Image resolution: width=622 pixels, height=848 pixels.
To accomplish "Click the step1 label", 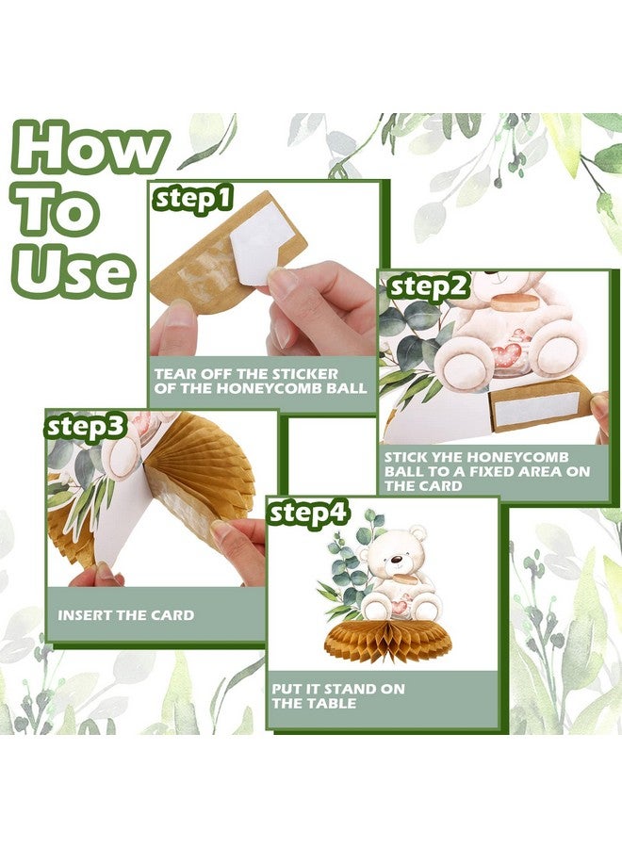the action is tap(192, 198).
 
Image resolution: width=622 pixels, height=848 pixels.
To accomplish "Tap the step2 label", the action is tap(428, 286).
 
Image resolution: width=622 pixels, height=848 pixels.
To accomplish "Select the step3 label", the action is tap(86, 426).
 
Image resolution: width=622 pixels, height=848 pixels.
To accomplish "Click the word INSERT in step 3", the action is tap(83, 615).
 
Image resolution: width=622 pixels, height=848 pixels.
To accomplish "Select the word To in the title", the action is tap(57, 210).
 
